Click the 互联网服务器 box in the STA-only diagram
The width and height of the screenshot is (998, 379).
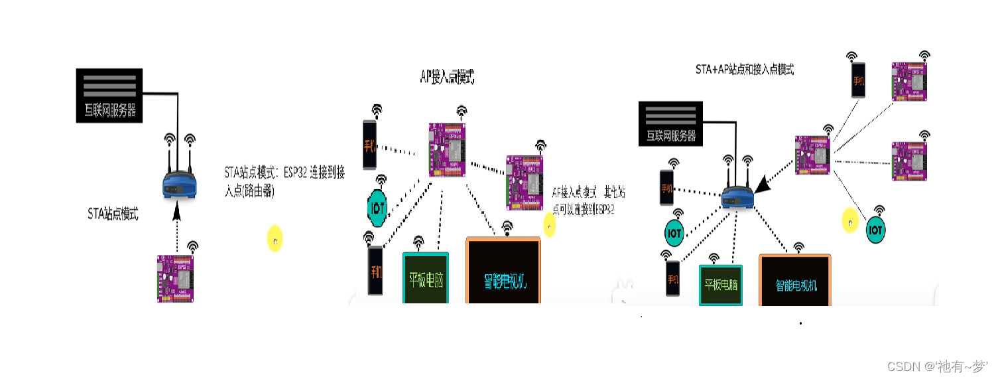tap(109, 95)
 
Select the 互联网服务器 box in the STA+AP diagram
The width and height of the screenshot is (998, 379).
tap(670, 123)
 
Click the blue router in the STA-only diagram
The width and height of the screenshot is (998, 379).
tap(180, 186)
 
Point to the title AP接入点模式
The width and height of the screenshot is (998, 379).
tap(448, 78)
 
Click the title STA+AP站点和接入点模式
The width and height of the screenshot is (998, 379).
tap(744, 69)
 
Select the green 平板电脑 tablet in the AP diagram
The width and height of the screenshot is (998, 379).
tap(426, 279)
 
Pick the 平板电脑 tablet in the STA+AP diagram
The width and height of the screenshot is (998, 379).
tap(720, 285)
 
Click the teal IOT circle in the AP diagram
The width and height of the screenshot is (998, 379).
tap(377, 208)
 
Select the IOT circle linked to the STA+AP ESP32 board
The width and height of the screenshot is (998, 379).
tap(876, 230)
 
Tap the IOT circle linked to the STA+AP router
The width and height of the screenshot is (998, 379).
tap(674, 233)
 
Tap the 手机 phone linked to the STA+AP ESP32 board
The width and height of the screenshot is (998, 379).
tap(859, 80)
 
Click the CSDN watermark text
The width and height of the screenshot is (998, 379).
tap(936, 366)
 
